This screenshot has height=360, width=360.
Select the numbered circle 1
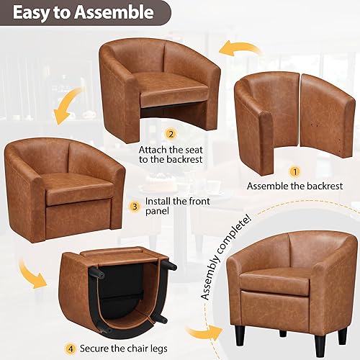tap(294, 172)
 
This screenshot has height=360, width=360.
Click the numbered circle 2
tap(171, 134)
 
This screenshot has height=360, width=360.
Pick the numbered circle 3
tap(134, 205)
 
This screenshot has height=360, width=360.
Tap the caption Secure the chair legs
tap(116, 330)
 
